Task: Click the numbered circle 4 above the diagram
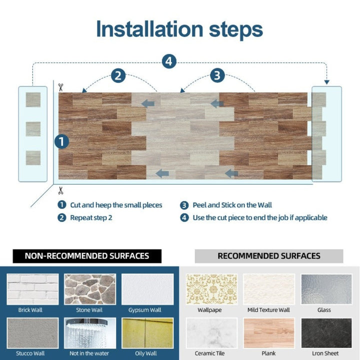[169, 61]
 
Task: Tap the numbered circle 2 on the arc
[118, 76]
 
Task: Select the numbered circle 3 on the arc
[217, 76]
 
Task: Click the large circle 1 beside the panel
[61, 141]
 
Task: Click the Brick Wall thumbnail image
[32, 289]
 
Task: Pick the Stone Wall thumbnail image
[90, 289]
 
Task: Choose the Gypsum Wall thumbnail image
[147, 289]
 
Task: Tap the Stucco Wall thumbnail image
[32, 333]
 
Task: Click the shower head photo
[90, 333]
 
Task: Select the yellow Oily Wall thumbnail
[147, 333]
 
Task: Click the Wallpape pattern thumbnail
[211, 289]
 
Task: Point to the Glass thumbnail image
[326, 289]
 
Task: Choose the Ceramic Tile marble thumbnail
[211, 333]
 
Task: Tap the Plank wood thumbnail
[268, 333]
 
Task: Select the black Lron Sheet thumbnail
[326, 333]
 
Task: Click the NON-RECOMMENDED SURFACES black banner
[87, 256]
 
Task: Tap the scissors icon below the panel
[61, 190]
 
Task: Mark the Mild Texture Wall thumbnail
[268, 289]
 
